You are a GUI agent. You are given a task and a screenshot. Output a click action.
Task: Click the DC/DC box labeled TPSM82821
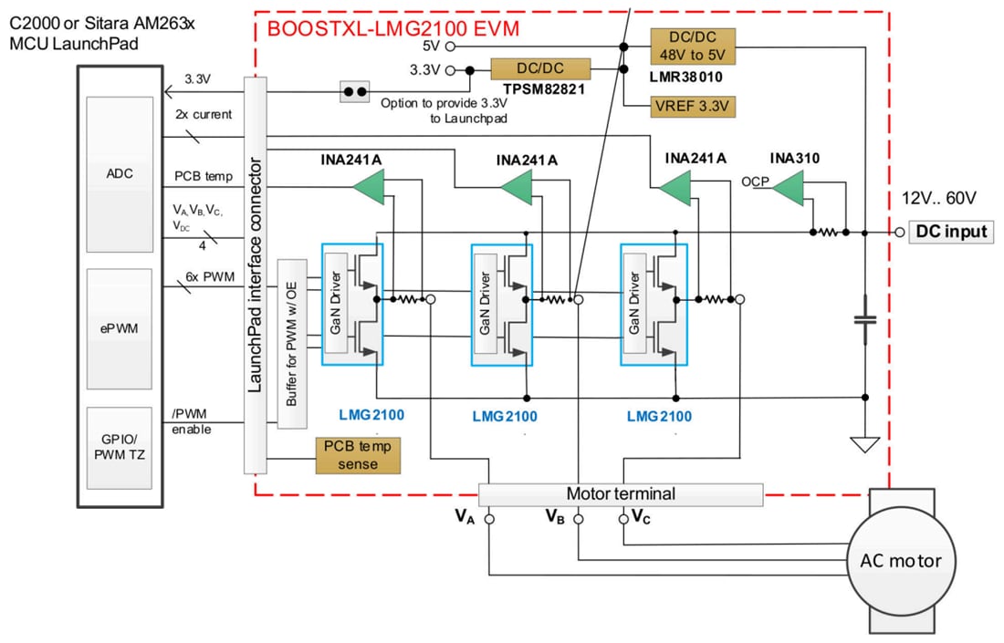coord(540,70)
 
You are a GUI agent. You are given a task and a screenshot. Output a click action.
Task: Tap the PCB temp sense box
coord(359,455)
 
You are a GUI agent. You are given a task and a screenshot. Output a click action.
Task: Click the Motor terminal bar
coord(621,494)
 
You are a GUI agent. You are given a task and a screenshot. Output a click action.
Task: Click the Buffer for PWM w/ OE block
coord(292,344)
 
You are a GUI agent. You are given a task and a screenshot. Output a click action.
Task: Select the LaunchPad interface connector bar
coord(255,274)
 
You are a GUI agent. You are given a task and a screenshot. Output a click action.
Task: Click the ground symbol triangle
coord(863,444)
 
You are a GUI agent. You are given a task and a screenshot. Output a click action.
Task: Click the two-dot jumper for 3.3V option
coord(353,91)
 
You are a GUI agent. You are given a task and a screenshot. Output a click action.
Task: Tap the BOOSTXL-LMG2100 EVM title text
coord(392,28)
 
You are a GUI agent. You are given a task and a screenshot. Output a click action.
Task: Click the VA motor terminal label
coord(465,516)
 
